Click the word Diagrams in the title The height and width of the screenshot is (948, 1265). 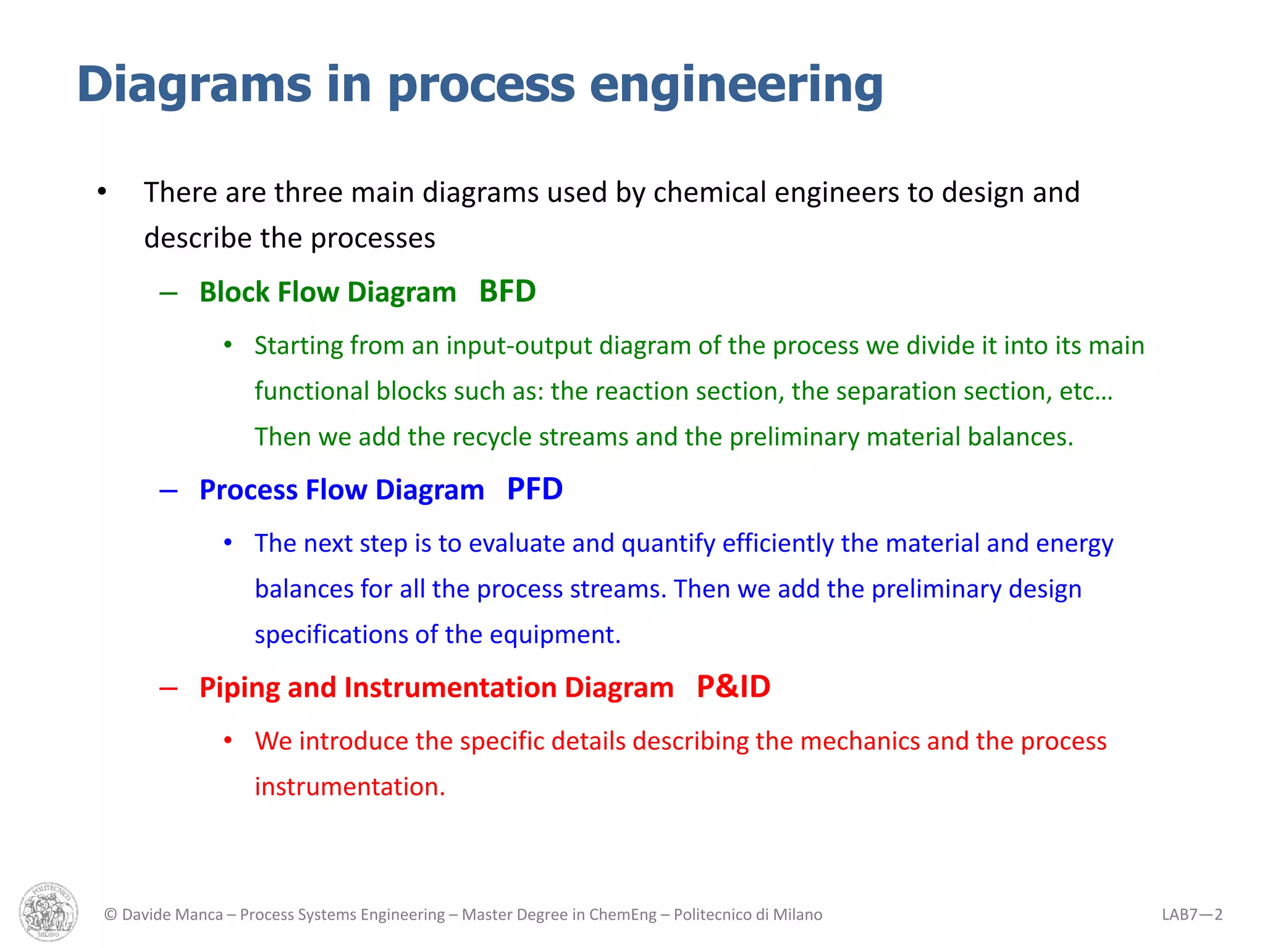(194, 85)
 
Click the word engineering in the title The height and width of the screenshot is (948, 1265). (736, 85)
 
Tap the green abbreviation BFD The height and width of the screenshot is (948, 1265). (507, 291)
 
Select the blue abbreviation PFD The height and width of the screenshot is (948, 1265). (534, 489)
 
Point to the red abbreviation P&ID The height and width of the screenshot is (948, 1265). (733, 687)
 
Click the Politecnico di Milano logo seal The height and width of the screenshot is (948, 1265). (49, 912)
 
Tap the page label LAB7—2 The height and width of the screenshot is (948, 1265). (1191, 914)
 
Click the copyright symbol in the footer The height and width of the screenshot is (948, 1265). (111, 914)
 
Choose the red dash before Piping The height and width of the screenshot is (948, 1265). (169, 688)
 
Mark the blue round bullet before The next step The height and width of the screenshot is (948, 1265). (228, 543)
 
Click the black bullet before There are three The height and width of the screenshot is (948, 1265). (102, 192)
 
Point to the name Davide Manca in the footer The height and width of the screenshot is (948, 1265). (172, 914)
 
